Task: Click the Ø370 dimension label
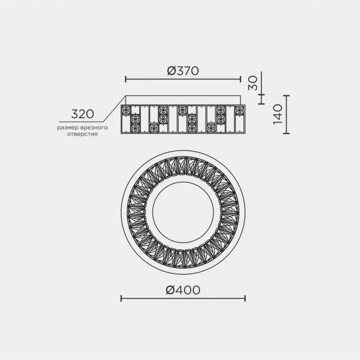(183, 71)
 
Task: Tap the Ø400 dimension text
(183, 290)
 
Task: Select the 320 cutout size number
(82, 114)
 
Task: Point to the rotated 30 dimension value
(253, 83)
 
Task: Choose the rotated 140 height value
(278, 114)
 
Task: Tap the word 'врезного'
(94, 127)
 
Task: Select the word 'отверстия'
(82, 134)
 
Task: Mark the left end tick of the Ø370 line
(126, 79)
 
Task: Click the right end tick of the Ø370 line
(240, 79)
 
